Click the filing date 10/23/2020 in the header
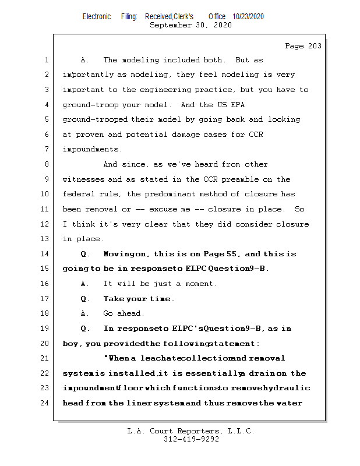click(x=248, y=17)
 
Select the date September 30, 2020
click(x=191, y=25)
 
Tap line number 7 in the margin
click(x=45, y=150)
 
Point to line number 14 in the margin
click(x=45, y=253)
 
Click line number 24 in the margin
click(x=45, y=403)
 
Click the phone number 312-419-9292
click(x=191, y=439)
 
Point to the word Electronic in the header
click(x=97, y=17)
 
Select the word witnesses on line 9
click(x=83, y=179)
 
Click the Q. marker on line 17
click(x=86, y=299)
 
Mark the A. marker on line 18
click(x=85, y=313)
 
